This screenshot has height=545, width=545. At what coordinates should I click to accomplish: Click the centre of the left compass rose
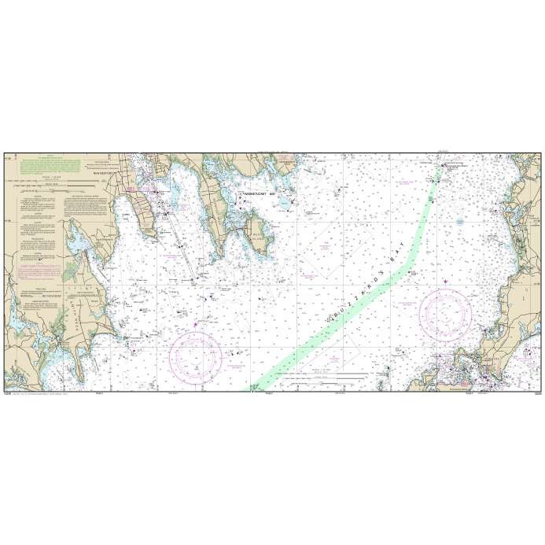click(x=193, y=354)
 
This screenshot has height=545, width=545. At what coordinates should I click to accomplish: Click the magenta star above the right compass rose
click(x=446, y=282)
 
